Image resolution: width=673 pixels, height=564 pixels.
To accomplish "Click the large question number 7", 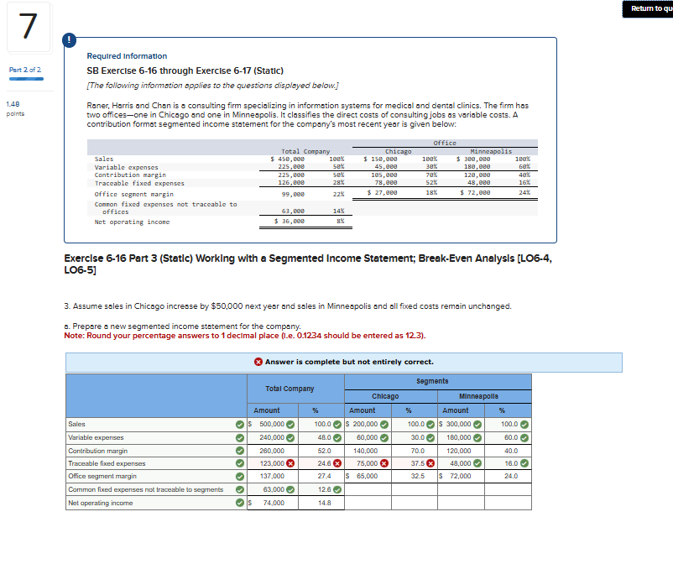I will (29, 27).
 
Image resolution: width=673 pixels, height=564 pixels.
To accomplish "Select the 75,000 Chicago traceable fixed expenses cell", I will (367, 463).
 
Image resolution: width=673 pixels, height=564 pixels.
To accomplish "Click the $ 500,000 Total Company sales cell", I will (271, 425).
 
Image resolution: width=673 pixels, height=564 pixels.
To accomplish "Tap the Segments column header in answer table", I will (433, 381).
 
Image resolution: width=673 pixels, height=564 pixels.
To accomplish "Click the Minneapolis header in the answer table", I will (478, 395).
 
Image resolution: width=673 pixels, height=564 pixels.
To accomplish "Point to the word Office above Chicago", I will (445, 143).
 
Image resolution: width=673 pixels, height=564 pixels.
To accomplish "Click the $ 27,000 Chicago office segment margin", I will (383, 192).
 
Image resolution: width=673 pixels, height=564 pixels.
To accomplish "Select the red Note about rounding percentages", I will (244, 336).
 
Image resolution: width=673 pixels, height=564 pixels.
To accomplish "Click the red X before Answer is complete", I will (258, 362).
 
